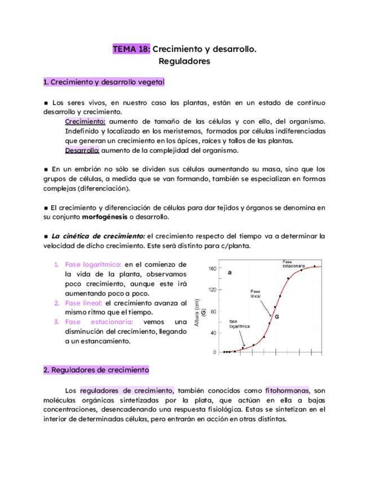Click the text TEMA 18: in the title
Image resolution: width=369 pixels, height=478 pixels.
click(x=131, y=50)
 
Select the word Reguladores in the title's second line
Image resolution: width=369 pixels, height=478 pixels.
click(x=185, y=61)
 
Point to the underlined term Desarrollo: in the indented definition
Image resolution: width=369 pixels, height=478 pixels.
click(x=82, y=151)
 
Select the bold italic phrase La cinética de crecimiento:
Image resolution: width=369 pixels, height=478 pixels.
click(x=99, y=236)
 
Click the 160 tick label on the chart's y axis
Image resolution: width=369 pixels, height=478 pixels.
click(x=212, y=268)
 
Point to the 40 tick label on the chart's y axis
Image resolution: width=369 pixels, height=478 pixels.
click(x=214, y=333)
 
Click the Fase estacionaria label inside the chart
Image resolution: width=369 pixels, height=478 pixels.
click(x=294, y=263)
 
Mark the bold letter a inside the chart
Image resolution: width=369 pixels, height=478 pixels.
click(x=230, y=272)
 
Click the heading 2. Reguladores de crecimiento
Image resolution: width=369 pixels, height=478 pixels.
click(x=96, y=370)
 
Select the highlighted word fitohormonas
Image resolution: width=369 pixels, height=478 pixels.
click(x=287, y=390)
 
